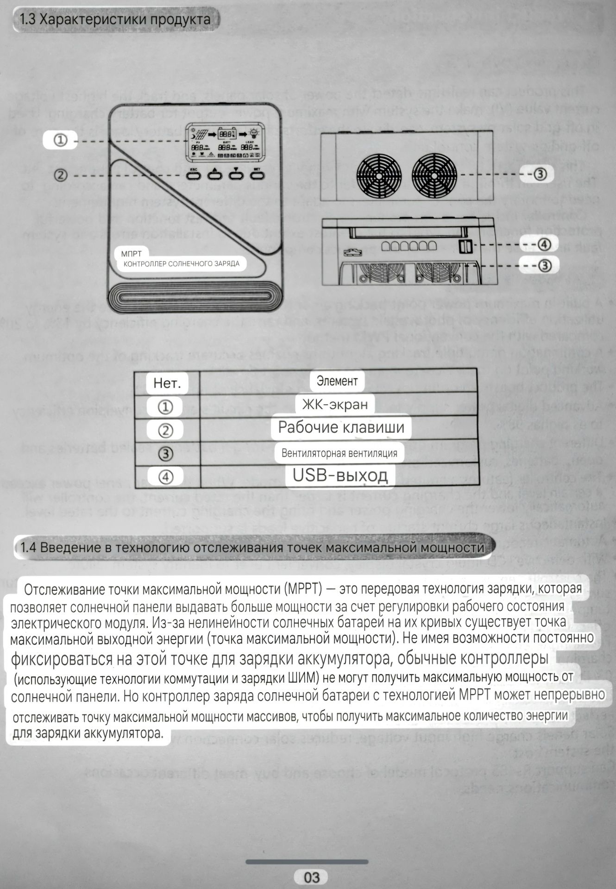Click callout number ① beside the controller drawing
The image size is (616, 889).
61,140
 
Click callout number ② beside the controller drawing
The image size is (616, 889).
61,175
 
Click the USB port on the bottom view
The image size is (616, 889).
464,247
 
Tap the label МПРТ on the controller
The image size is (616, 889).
131,254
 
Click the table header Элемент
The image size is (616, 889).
337,381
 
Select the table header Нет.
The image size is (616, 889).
167,383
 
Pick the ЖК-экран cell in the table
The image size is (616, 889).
335,404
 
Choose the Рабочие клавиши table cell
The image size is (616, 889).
341,427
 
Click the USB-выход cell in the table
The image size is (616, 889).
340,475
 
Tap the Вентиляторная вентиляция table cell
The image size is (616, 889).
339,453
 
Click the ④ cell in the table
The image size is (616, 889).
165,477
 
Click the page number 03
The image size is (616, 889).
312,877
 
